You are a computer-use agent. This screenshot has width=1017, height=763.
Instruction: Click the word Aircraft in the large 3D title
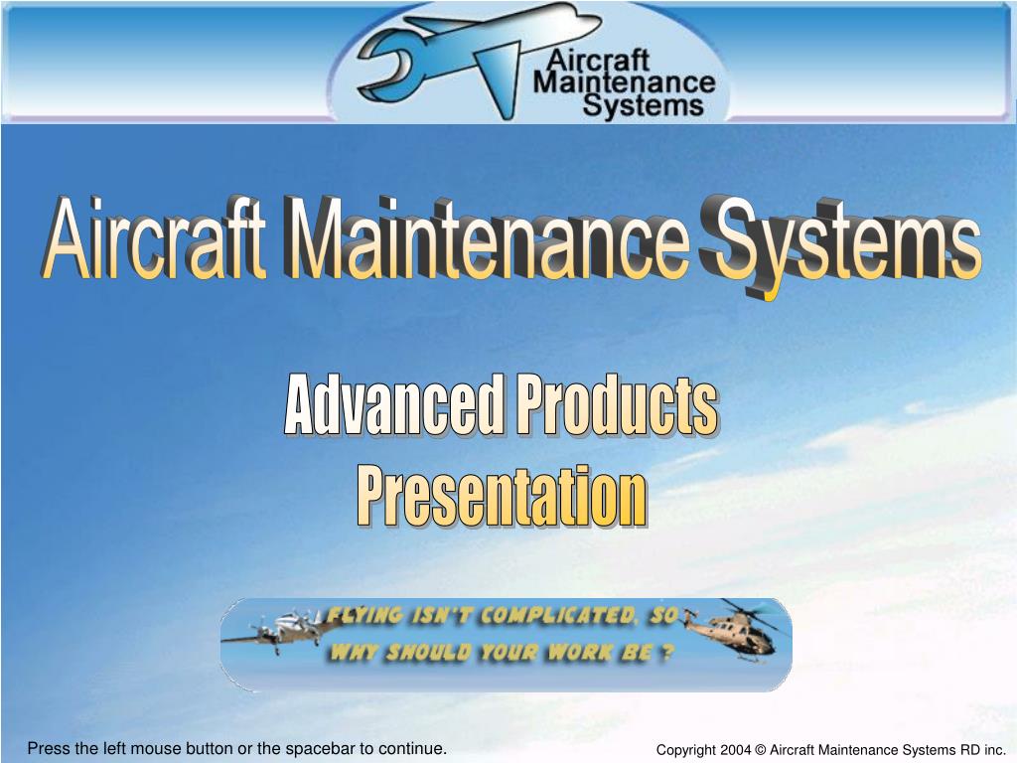[x=154, y=241]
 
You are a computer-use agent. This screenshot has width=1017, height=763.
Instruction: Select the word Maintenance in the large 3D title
[x=487, y=241]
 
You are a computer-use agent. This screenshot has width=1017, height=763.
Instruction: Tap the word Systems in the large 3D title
[x=839, y=243]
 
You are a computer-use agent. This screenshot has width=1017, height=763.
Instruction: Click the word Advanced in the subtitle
[x=393, y=405]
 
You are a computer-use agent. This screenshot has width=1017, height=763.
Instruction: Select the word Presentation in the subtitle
[x=502, y=497]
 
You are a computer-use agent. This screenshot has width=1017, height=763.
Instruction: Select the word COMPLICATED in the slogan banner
[x=557, y=617]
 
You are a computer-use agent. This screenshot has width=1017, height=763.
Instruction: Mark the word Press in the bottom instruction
[x=48, y=748]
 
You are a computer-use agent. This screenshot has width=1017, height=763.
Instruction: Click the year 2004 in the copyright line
[x=734, y=750]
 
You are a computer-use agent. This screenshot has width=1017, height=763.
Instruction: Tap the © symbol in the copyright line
[x=761, y=750]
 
